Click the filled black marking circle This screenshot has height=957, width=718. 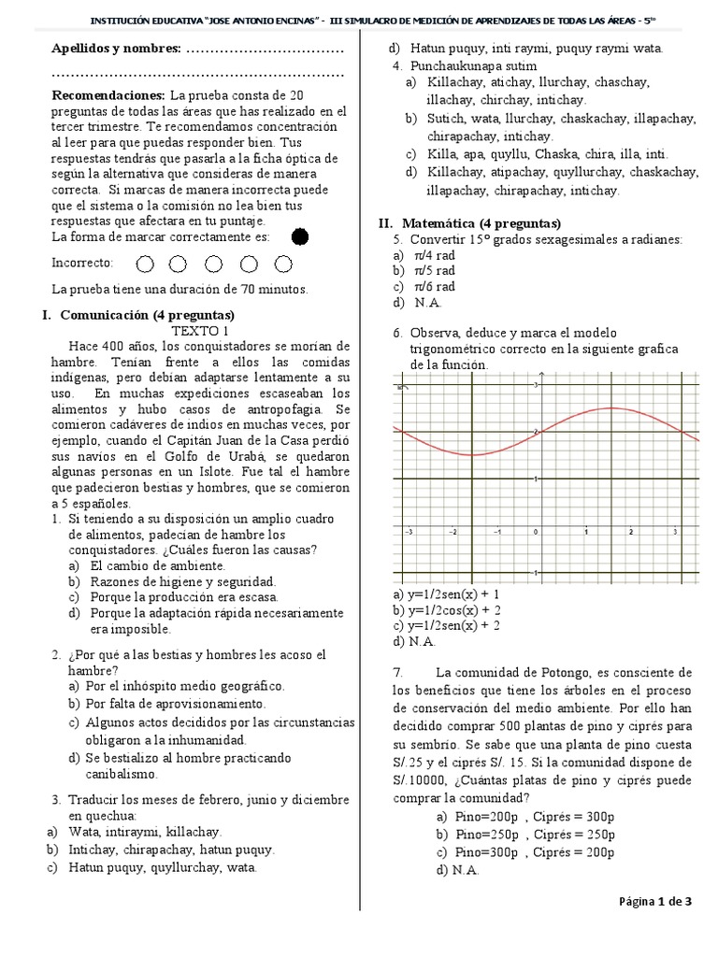(300, 237)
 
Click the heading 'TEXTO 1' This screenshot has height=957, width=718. (199, 331)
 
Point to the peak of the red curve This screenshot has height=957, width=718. (610, 407)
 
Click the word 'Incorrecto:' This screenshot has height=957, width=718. (82, 264)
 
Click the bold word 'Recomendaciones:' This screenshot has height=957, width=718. (108, 95)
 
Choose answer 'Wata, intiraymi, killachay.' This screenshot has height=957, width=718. (144, 832)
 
